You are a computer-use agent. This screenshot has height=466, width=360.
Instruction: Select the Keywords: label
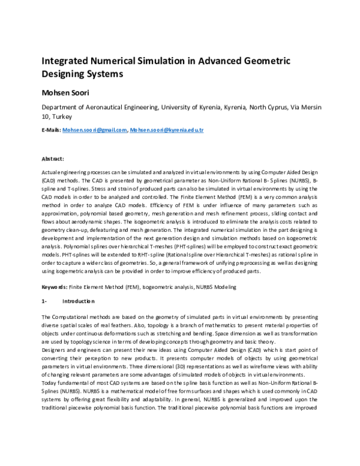tap(53, 287)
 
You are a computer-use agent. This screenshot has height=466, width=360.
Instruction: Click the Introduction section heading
tap(79, 301)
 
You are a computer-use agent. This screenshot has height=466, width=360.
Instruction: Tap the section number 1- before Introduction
tap(44, 301)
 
